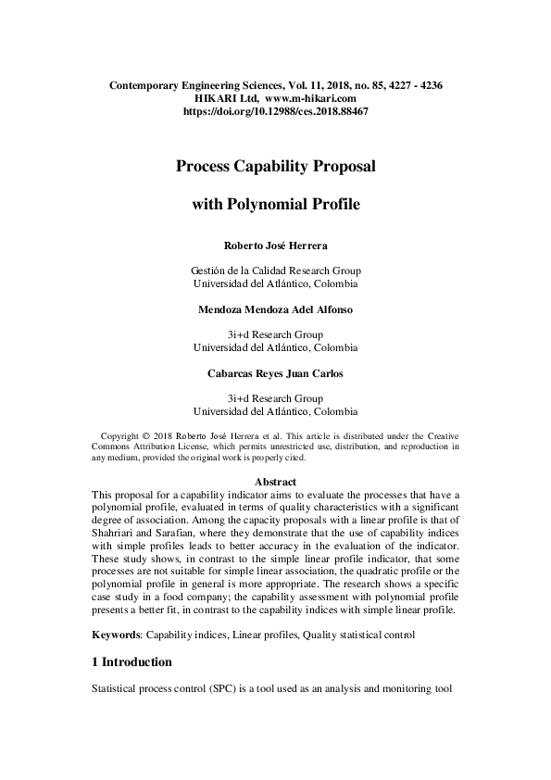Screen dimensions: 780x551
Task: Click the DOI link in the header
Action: point(275,110)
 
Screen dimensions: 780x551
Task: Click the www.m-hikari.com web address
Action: point(310,97)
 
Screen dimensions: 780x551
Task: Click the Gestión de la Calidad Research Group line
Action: point(275,270)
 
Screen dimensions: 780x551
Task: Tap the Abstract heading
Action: point(275,482)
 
